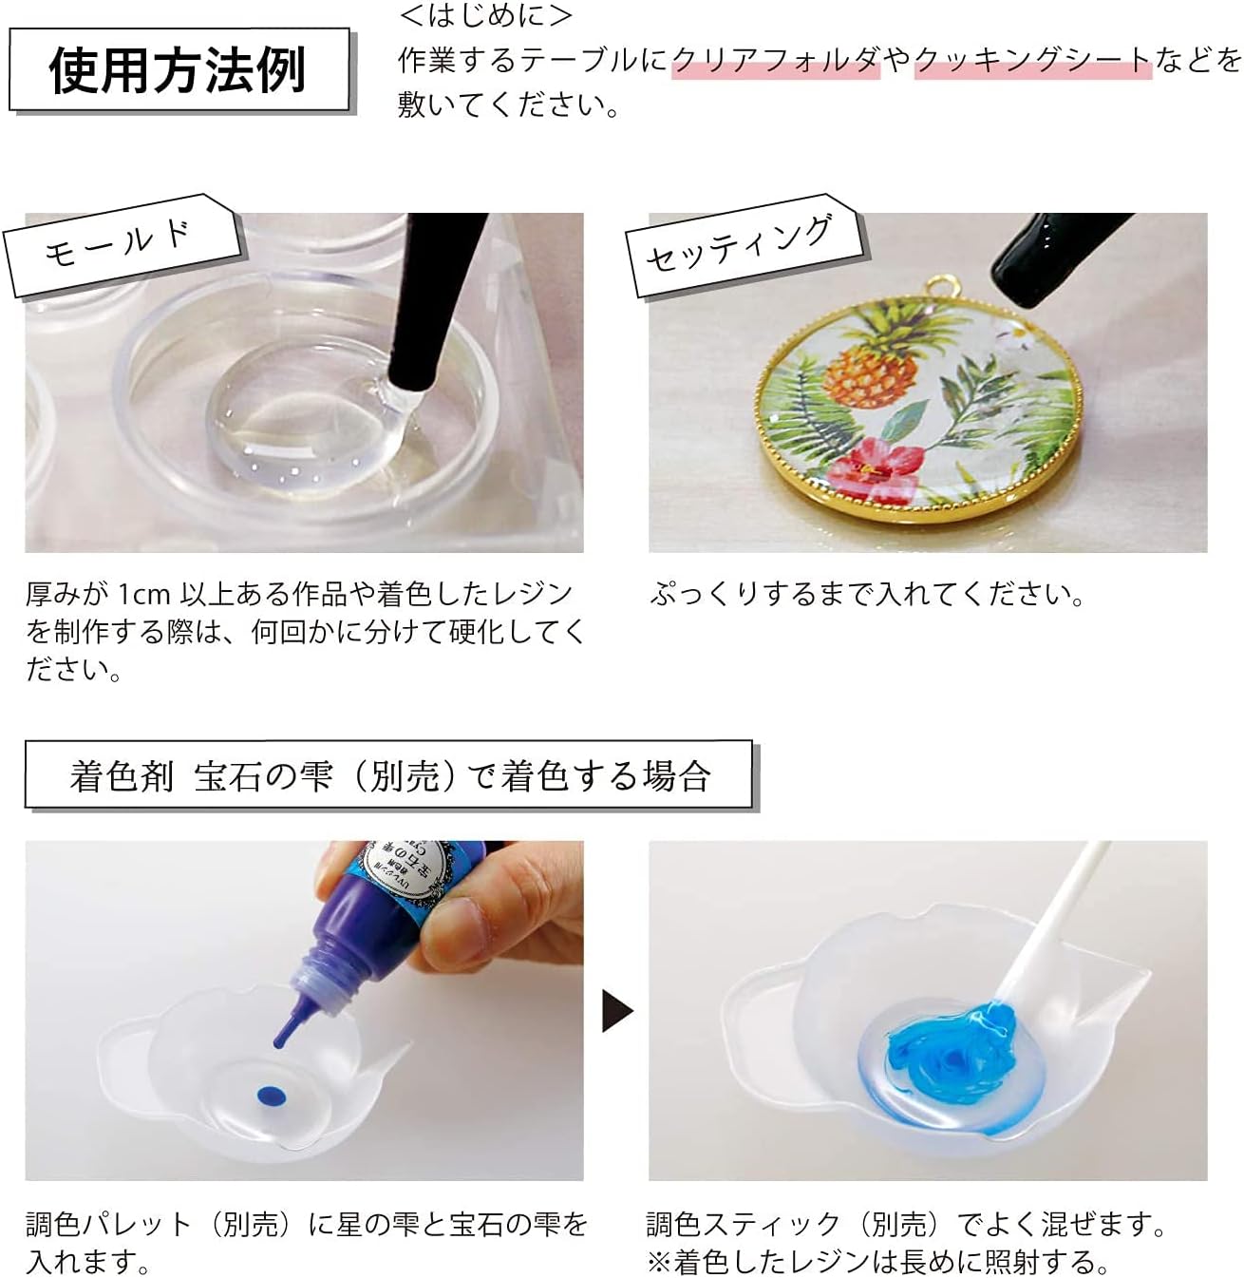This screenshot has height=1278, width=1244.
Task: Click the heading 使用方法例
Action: pyautogui.click(x=178, y=69)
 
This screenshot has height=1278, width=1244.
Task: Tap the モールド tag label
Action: pyautogui.click(x=119, y=242)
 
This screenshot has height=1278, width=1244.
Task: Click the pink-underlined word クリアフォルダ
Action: pyautogui.click(x=776, y=60)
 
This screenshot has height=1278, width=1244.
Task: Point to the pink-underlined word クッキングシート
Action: pyautogui.click(x=1032, y=60)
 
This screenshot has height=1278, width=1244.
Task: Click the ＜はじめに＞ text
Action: pyautogui.click(x=486, y=16)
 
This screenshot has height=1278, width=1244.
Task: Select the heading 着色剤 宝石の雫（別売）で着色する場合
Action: pyautogui.click(x=389, y=776)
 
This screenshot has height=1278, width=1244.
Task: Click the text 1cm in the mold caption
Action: pyautogui.click(x=144, y=595)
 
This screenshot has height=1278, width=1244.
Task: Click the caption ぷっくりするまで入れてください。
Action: pyautogui.click(x=868, y=595)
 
